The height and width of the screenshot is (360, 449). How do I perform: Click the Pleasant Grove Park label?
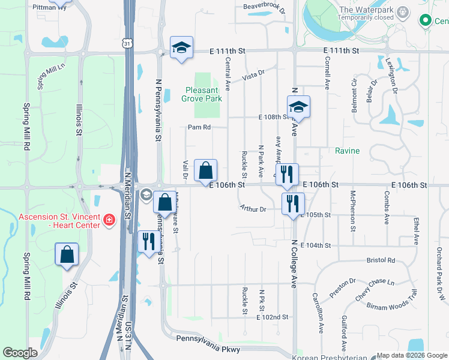pyautogui.click(x=203, y=95)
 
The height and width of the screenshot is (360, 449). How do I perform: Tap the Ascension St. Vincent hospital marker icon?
pyautogui.click(x=109, y=220)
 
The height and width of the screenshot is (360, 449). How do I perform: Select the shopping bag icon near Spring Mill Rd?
pyautogui.click(x=67, y=254)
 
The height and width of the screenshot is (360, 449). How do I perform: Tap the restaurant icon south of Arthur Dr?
pyautogui.click(x=293, y=203)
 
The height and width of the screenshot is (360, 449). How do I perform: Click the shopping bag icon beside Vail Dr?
pyautogui.click(x=205, y=170)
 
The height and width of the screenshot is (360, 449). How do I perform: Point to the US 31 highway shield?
pyautogui.click(x=125, y=43)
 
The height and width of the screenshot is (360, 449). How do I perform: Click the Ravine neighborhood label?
pyautogui.click(x=347, y=151)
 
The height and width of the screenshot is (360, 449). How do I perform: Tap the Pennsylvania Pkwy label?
pyautogui.click(x=208, y=349)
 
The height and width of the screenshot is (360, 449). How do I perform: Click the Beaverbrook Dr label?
pyautogui.click(x=264, y=7)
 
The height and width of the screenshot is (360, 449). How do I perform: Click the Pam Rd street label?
pyautogui.click(x=199, y=127)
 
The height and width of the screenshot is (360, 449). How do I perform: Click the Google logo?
pyautogui.click(x=20, y=353)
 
